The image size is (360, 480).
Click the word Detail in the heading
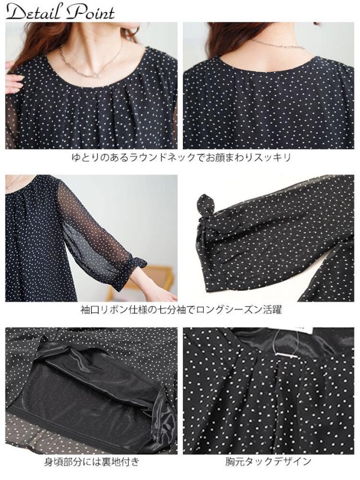pos(34,12)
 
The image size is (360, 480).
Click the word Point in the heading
pos(91,12)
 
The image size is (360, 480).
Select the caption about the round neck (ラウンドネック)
pos(180,158)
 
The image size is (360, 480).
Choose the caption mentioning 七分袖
pos(180,309)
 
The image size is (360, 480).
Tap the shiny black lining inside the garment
pos(90,388)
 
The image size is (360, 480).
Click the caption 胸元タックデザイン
pos(268,463)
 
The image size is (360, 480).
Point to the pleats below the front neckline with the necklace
pos(96,107)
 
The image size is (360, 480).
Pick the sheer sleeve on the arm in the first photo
pos(12,124)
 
